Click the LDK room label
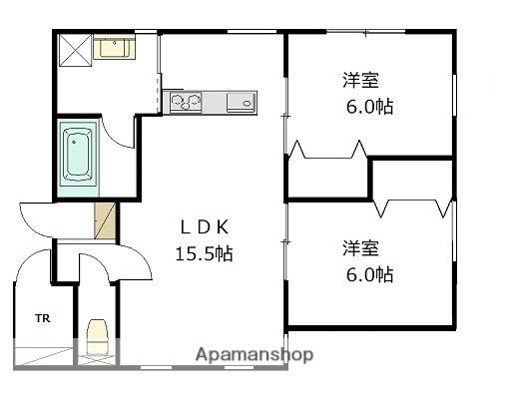pos(205,227)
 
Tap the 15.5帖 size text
pos(204,253)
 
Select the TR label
pos(43,318)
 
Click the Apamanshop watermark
pos(254,355)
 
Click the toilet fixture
pos(98,336)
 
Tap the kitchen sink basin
pos(242,103)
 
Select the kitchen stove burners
pos(186,102)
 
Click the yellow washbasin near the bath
pos(114,48)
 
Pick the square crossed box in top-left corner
pos(75,50)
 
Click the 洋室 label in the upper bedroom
pos(360,80)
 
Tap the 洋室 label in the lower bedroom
pos(360,248)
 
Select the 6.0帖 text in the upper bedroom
pos(369,107)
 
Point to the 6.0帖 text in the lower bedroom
pos(369,274)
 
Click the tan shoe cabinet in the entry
pos(105,220)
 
